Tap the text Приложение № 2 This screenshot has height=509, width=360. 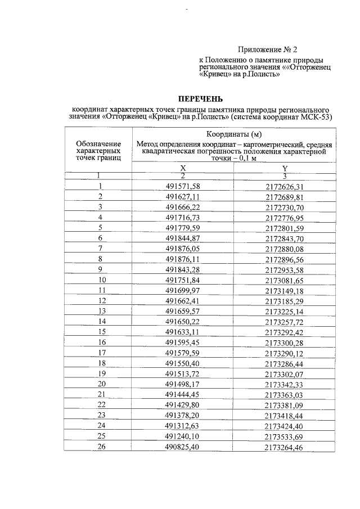[x=264, y=49]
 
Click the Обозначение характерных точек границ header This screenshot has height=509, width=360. [x=98, y=151]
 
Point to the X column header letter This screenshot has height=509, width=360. [x=183, y=168]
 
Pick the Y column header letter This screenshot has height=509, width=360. [x=285, y=168]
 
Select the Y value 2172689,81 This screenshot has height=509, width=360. [x=284, y=197]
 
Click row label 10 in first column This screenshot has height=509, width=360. [x=102, y=280]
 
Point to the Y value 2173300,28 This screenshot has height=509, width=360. [x=284, y=342]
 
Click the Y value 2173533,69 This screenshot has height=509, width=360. [x=284, y=436]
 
